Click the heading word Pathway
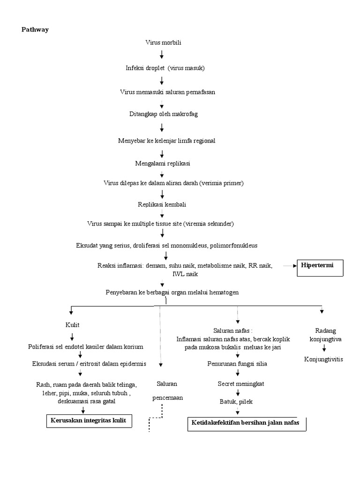coord(35,30)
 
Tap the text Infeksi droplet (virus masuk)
coord(165,67)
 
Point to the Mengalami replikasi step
coord(162,163)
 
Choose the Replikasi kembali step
coord(162,204)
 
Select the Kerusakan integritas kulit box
coord(89,420)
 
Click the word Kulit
coord(72,324)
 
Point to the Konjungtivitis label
coord(323,359)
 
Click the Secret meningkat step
coord(241,383)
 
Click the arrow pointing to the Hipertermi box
coord(291,266)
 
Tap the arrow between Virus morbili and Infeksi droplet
coord(162,55)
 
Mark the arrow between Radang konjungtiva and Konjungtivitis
coord(323,348)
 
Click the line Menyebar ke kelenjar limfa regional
coord(166,141)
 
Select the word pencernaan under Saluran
coord(167,397)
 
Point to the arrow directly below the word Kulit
coord(72,336)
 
